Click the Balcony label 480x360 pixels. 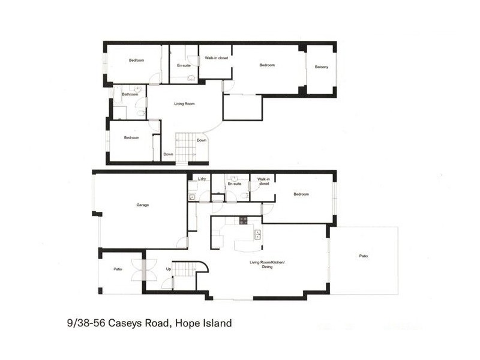click(321, 67)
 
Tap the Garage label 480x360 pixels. click(142, 205)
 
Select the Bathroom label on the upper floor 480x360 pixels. click(130, 95)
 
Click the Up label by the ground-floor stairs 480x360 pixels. click(168, 269)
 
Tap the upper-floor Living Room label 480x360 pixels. click(184, 104)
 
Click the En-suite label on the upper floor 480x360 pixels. click(183, 65)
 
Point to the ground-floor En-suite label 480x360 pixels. click(234, 184)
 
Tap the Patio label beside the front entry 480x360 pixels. click(118, 269)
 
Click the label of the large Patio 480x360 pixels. click(363, 256)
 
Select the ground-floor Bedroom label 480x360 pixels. click(301, 194)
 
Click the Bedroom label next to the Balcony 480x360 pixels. click(267, 65)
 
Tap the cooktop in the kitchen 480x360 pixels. click(244, 220)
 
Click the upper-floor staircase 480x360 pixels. click(185, 146)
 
